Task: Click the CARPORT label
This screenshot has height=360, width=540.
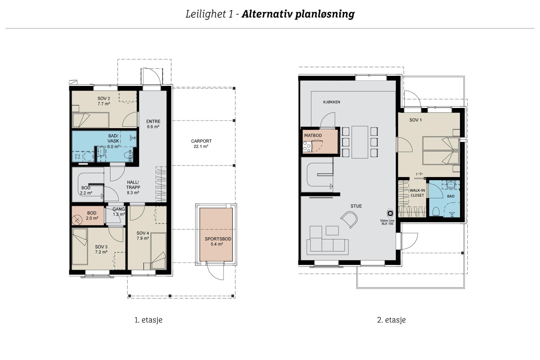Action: [201, 141]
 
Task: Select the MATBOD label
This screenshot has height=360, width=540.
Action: [313, 135]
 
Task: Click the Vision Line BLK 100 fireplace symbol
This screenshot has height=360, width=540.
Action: [390, 213]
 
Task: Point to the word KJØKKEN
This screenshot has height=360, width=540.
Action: [331, 102]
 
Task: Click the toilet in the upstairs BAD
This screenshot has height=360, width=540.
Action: [436, 212]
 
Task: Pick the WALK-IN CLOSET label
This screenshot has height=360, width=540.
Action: [417, 193]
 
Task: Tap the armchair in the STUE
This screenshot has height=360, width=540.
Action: [349, 219]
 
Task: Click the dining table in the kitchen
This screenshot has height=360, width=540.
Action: [360, 142]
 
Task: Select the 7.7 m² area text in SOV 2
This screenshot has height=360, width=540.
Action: [104, 104]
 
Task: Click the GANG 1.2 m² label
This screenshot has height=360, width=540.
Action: [118, 212]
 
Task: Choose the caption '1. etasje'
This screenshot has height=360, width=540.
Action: [148, 320]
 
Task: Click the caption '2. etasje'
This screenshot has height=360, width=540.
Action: [391, 320]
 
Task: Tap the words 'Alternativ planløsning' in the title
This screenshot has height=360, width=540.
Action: [298, 14]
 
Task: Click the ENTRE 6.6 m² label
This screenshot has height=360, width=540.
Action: [153, 124]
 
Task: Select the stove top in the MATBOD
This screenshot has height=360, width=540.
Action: [307, 146]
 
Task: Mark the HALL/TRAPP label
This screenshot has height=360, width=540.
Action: [133, 187]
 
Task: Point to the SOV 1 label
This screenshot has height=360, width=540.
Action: [415, 120]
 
